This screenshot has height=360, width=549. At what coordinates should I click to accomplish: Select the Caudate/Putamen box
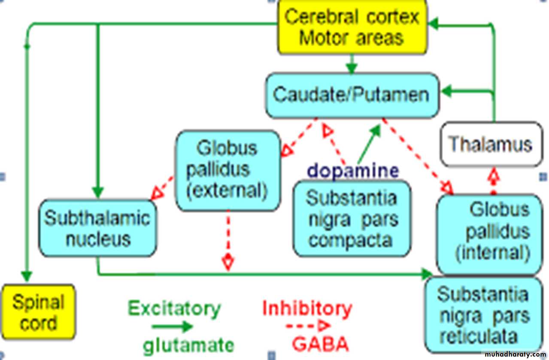tap(352, 95)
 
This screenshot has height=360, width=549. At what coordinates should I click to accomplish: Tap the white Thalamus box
tap(491, 145)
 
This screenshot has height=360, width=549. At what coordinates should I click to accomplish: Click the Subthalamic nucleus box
tap(97, 228)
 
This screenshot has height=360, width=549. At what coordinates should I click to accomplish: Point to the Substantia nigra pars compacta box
tap(352, 219)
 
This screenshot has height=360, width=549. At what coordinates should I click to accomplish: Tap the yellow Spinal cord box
tap(38, 313)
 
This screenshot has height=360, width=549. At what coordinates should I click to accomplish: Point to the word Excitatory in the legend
tap(174, 308)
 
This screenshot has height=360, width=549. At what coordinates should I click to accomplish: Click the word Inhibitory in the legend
tap(307, 308)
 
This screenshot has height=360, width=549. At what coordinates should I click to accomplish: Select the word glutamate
tap(188, 345)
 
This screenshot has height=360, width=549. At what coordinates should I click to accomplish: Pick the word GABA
tap(320, 344)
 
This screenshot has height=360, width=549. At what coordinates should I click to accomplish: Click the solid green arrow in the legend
tap(172, 327)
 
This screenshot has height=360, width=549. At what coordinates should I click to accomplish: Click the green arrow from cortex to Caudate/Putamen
tap(352, 64)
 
